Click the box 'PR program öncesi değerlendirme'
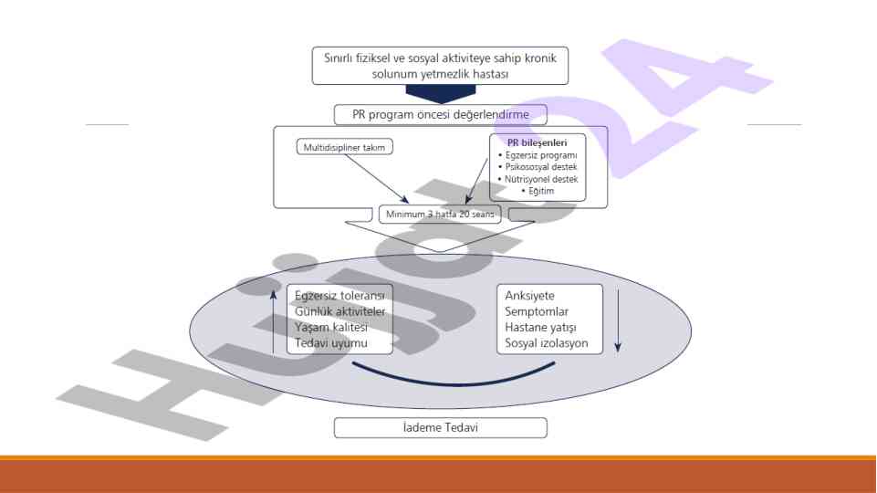click(440, 114)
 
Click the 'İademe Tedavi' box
click(440, 427)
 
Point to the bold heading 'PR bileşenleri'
click(538, 142)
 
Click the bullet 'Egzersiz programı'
click(540, 155)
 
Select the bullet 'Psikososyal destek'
click(540, 167)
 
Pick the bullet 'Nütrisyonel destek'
click(540, 179)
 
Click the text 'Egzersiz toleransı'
click(340, 296)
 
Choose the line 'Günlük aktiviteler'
click(340, 312)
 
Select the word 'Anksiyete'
click(529, 296)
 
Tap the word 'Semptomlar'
click(537, 312)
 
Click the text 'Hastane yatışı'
click(540, 329)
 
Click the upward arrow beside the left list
click(273, 320)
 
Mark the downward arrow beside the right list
click(618, 320)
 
